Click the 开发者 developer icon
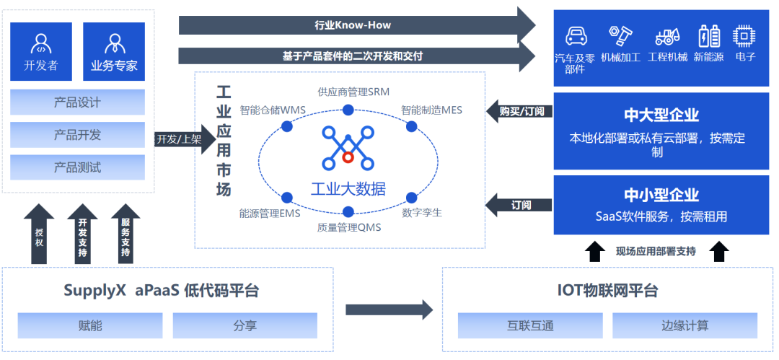tap(40, 43)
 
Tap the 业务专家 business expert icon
tap(114, 43)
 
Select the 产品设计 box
tap(77, 102)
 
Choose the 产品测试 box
tap(77, 167)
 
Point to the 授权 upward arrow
tap(39, 234)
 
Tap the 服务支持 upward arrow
tap(126, 234)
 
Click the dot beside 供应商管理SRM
tap(348, 110)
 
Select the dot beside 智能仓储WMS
tap(286, 126)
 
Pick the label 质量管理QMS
tap(349, 228)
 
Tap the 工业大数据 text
tap(348, 189)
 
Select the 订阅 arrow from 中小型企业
tap(519, 205)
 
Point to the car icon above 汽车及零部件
tap(576, 36)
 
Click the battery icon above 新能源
tap(709, 36)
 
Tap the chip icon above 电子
tap(744, 36)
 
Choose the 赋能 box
tap(90, 325)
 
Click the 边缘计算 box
tap(685, 325)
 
